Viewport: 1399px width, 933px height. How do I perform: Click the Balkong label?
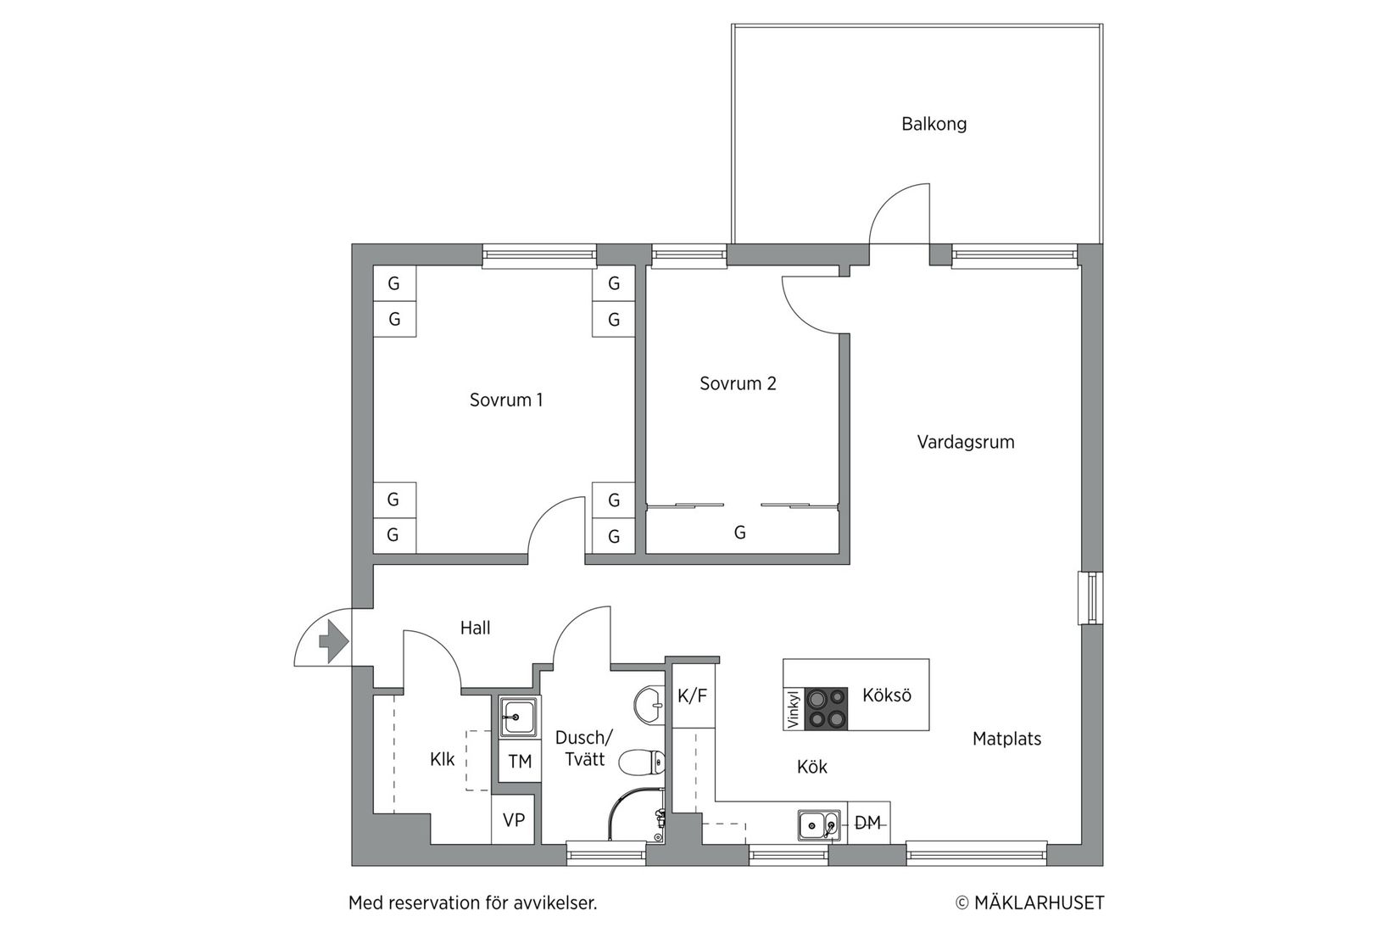coord(934,124)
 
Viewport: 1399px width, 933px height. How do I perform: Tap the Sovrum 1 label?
coord(505,399)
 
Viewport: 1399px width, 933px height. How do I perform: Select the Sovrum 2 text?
coord(738,383)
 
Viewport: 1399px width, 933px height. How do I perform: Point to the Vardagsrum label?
coord(965,442)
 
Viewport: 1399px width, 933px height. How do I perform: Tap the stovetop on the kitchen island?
coord(826,708)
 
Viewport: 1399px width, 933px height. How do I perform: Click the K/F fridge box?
coord(693,696)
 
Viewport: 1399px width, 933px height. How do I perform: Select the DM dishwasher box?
coord(867,822)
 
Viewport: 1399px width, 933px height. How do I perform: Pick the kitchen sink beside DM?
coord(819,824)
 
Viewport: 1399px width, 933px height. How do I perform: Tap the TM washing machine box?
coord(520,762)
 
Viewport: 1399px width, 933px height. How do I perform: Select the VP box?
coord(514,820)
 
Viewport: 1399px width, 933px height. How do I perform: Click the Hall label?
coord(475,628)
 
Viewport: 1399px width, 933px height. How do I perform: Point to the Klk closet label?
coord(442,759)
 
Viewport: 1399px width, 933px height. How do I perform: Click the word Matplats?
coord(1006,739)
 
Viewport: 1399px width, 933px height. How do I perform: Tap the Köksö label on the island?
coord(886,696)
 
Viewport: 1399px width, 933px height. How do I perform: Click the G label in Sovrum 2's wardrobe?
coord(739,533)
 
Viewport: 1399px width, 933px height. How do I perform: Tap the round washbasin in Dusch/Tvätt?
coord(650,703)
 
